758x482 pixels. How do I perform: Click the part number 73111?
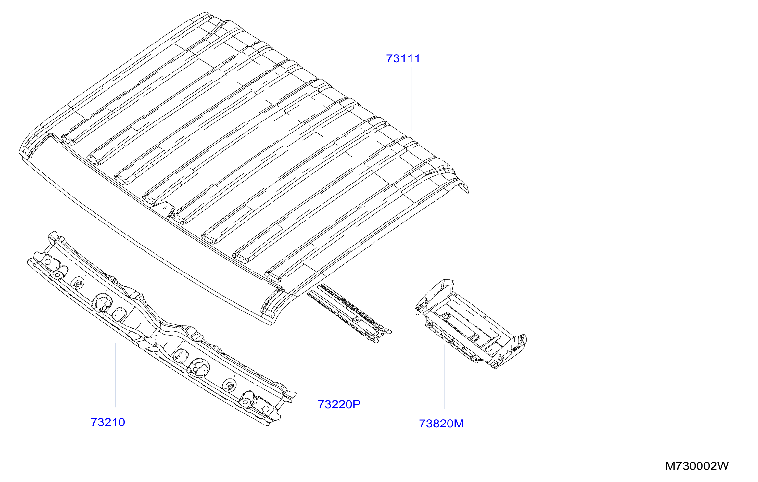point(403,59)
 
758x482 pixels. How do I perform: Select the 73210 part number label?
point(108,422)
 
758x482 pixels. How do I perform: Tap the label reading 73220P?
point(339,404)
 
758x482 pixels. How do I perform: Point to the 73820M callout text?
point(441,424)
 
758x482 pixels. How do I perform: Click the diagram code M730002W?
point(697,466)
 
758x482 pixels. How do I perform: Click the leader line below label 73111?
point(411,99)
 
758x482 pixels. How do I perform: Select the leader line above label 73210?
point(116,375)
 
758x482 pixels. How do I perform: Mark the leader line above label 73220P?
point(343,357)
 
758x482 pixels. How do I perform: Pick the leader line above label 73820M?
point(444,376)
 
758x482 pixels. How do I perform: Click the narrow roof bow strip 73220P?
point(349,313)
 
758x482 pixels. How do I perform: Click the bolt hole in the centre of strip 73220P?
point(357,320)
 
